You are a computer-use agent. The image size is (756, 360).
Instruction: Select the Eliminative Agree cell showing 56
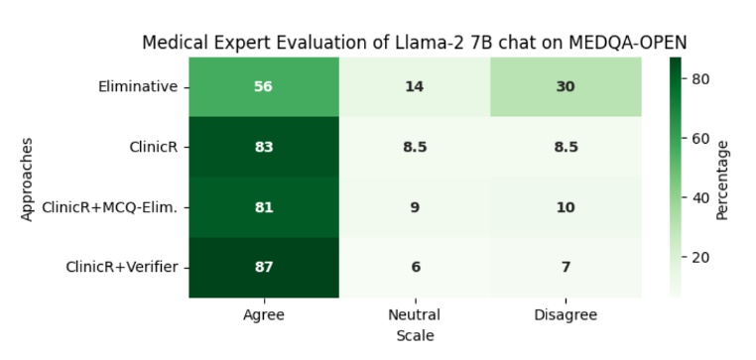point(263,86)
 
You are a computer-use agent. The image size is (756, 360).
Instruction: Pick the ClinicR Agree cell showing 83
point(263,147)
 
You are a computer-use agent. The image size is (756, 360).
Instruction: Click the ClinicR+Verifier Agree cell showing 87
point(263,267)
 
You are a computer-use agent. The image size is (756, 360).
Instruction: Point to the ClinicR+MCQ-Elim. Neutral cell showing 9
point(415,207)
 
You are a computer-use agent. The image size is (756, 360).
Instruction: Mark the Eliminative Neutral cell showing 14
point(415,86)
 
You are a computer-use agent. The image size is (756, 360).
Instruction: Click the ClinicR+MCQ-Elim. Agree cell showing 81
point(263,207)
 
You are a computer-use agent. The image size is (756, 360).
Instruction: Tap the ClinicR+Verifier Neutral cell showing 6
point(415,267)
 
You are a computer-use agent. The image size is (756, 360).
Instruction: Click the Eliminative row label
point(138,86)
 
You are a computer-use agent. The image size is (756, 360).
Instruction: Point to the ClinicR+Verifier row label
point(121,267)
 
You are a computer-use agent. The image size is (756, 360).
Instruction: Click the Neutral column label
point(415,315)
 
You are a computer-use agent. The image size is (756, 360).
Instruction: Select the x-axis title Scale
point(415,336)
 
